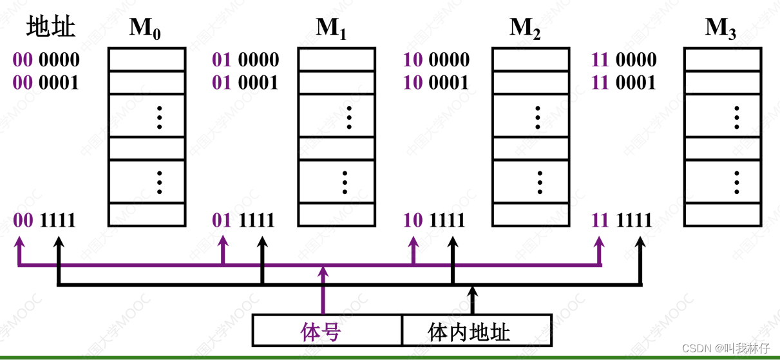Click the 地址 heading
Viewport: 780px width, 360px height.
click(x=51, y=27)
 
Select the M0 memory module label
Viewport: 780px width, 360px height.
click(x=145, y=28)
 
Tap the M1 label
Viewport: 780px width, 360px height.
click(x=331, y=28)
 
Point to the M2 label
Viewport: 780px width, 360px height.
click(x=525, y=28)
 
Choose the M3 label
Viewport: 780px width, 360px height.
click(x=721, y=28)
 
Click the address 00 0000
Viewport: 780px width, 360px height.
click(x=46, y=60)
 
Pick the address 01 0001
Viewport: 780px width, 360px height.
click(x=245, y=82)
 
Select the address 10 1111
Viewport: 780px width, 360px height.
click(x=433, y=220)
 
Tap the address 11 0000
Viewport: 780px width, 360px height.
click(x=623, y=60)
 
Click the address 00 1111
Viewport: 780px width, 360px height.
click(x=44, y=220)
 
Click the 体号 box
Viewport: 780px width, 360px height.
click(x=327, y=331)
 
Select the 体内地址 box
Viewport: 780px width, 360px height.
click(x=477, y=331)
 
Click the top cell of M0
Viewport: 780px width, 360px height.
click(x=146, y=59)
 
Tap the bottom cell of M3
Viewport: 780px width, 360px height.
click(x=722, y=214)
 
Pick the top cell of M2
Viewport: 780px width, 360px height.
click(x=531, y=59)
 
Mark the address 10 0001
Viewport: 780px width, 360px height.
click(x=436, y=82)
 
